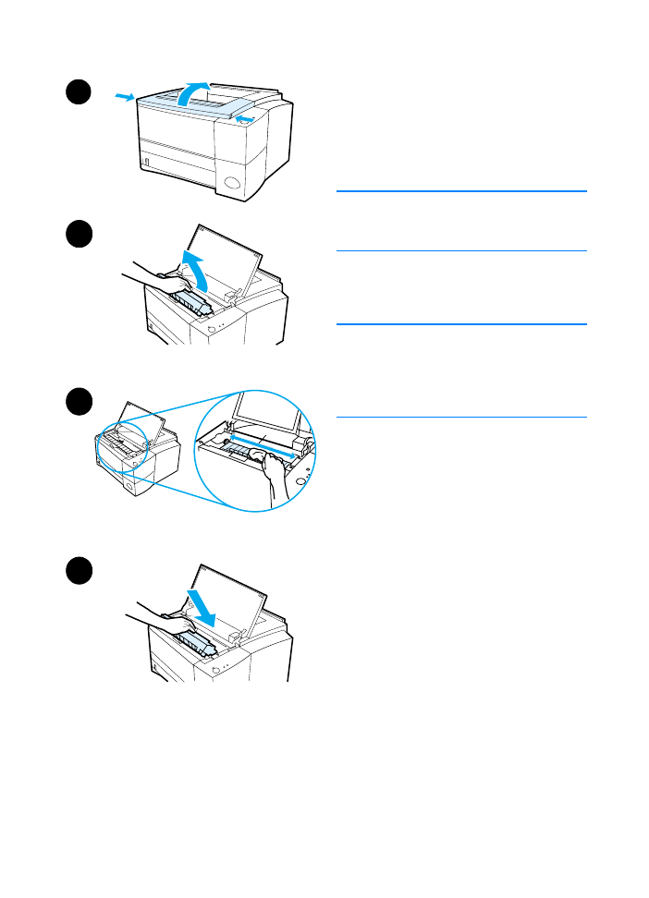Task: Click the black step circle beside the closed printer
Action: click(79, 93)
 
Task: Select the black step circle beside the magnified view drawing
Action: click(79, 404)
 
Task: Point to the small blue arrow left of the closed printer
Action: click(124, 95)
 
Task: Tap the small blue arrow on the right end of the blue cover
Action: click(244, 118)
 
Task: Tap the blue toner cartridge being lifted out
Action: click(189, 303)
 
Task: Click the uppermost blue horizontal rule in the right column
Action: click(461, 191)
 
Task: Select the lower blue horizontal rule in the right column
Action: click(461, 324)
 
